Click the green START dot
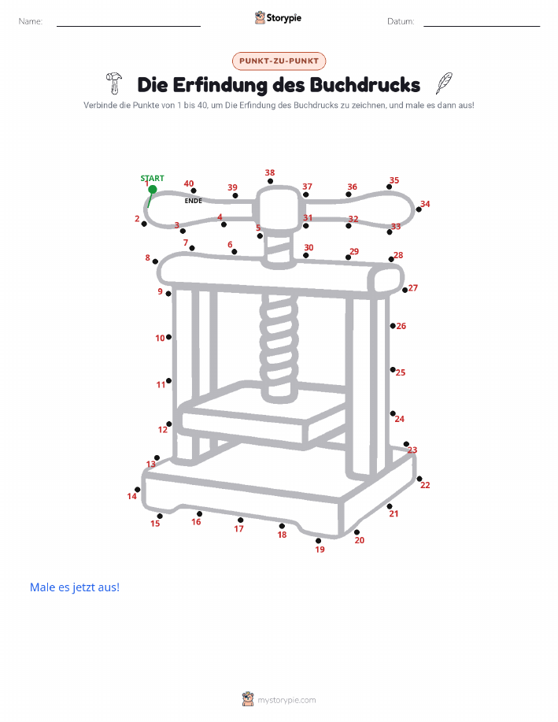pyautogui.click(x=153, y=189)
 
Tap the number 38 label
pyautogui.click(x=270, y=172)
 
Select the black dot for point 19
pyautogui.click(x=318, y=541)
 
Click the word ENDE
pyautogui.click(x=194, y=201)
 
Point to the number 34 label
pyautogui.click(x=425, y=204)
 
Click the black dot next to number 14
pyautogui.click(x=137, y=490)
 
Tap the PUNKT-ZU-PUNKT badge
pyautogui.click(x=279, y=61)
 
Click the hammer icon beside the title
pyautogui.click(x=113, y=83)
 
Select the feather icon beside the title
pyautogui.click(x=444, y=83)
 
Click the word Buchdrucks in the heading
pyautogui.click(x=364, y=85)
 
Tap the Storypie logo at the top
pyautogui.click(x=278, y=18)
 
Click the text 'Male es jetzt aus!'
pyautogui.click(x=75, y=587)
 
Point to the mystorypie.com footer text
pyautogui.click(x=286, y=700)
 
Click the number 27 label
pyautogui.click(x=413, y=288)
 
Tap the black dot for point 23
pyautogui.click(x=406, y=444)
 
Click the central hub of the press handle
pyautogui.click(x=278, y=209)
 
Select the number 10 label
pyautogui.click(x=160, y=338)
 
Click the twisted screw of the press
pyautogui.click(x=278, y=346)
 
